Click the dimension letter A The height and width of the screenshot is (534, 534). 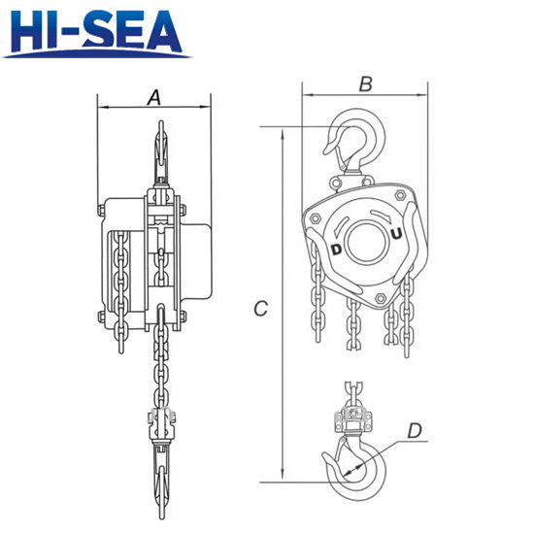tap(154, 98)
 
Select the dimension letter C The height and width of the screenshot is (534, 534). tap(261, 309)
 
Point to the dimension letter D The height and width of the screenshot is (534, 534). tap(415, 430)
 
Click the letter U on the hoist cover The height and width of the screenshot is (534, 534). tap(396, 234)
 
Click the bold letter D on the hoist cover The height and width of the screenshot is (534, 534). tap(336, 250)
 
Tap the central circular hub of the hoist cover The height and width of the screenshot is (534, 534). tap(366, 242)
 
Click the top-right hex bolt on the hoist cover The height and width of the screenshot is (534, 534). tap(399, 195)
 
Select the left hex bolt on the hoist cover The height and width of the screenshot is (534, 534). tap(315, 217)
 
